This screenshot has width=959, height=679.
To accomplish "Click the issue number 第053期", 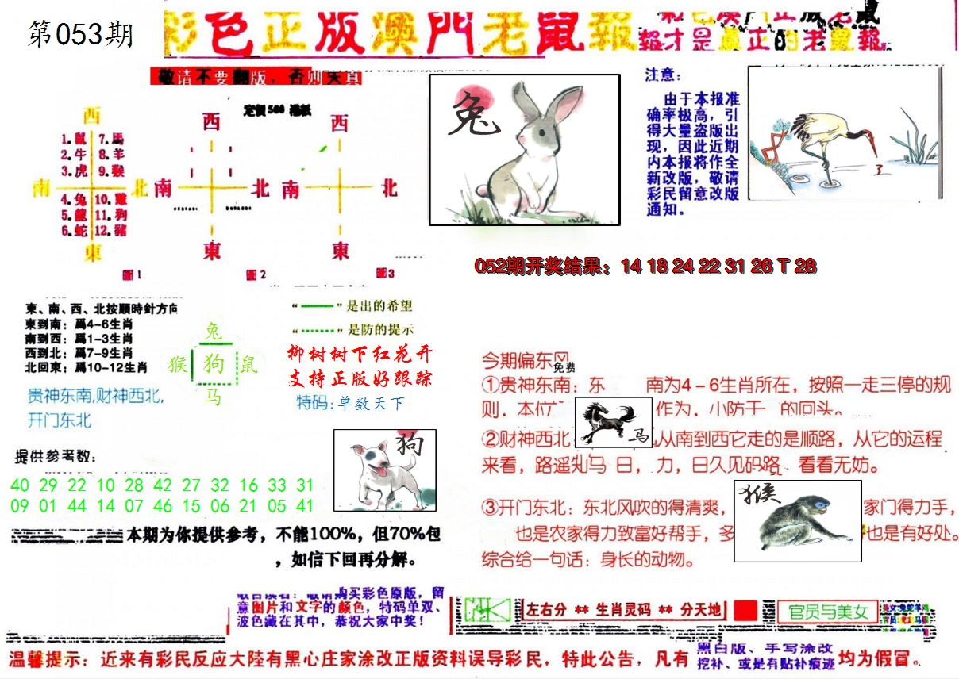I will click(x=80, y=34).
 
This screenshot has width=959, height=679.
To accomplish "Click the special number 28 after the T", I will click(x=805, y=267).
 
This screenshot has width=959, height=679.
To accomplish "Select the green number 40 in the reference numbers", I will click(x=21, y=485).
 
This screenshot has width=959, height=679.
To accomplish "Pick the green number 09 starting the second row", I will click(x=21, y=505).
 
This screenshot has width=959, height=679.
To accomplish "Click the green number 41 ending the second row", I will click(x=304, y=505).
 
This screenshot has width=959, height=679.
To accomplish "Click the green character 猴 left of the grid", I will click(x=178, y=364).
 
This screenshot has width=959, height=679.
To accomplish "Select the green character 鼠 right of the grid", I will click(x=249, y=365).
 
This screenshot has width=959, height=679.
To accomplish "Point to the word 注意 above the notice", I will click(x=663, y=75).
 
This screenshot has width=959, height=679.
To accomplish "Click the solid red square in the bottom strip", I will click(x=745, y=610).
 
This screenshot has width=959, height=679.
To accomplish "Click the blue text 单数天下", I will click(x=371, y=404).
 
